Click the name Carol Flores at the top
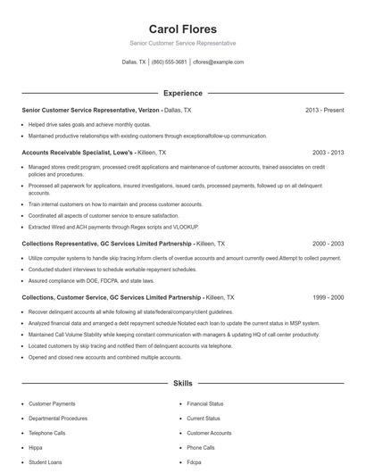click(182, 29)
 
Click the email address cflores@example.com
click(218, 62)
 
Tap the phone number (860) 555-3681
click(169, 62)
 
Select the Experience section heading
click(182, 93)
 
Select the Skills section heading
click(182, 383)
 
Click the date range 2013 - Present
click(324, 110)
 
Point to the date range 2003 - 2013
click(328, 153)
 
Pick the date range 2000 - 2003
click(328, 243)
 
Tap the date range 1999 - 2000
click(328, 297)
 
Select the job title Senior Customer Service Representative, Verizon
click(89, 110)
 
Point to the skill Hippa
click(36, 448)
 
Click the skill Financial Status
click(204, 404)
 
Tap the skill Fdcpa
click(194, 462)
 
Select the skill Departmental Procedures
click(57, 419)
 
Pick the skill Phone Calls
click(201, 448)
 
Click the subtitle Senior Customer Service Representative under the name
click(182, 43)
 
